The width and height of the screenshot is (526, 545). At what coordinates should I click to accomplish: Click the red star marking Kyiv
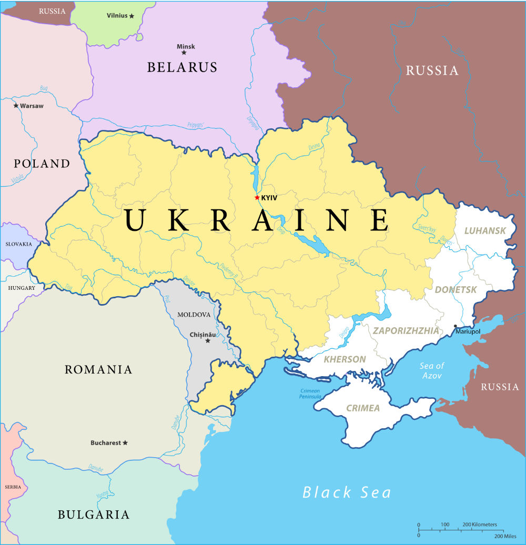pos(257,198)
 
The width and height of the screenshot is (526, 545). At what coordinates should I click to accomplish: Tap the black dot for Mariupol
pos(456,326)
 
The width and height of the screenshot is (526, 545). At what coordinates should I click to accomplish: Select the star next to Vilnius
pos(131,16)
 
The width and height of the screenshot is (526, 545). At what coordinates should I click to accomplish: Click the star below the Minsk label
pos(184,53)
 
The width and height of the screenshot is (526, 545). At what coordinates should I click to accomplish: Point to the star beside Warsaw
pos(16,106)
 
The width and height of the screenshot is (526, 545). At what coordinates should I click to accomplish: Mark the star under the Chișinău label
pos(207,341)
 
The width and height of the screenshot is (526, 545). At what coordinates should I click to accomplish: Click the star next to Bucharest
pos(125,443)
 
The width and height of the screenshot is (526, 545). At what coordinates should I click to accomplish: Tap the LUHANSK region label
pos(485,231)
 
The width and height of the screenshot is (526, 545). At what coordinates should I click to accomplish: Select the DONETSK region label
pos(456,290)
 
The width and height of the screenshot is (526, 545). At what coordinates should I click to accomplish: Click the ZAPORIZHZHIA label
pos(406,331)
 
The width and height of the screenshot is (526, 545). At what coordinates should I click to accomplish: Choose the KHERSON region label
pos(345,360)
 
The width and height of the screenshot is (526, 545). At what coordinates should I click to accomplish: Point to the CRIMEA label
pos(362,408)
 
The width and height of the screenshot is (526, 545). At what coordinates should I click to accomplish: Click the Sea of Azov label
pos(431,371)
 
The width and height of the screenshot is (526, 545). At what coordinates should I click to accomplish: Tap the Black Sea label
pos(347,492)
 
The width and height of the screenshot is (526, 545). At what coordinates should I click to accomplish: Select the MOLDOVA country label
pos(194,315)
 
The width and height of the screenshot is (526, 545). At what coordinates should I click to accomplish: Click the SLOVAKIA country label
pos(18,244)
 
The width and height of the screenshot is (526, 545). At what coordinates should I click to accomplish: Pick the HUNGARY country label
pos(22,288)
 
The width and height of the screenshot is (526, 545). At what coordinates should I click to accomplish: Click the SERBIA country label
pos(13,487)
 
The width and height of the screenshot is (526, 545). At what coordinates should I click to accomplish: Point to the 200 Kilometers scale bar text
pos(480,524)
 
